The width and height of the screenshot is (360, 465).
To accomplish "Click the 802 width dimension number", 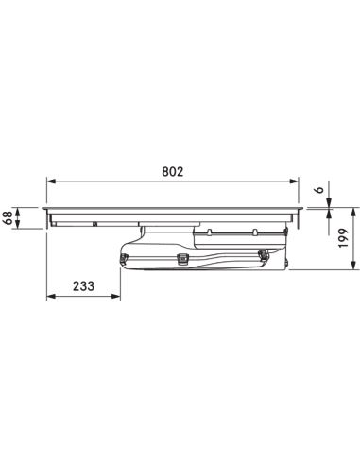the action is pyautogui.click(x=172, y=172).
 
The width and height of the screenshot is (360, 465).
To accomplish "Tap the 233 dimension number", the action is pyautogui.click(x=83, y=286).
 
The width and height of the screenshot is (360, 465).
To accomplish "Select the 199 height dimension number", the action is pyautogui.click(x=344, y=238).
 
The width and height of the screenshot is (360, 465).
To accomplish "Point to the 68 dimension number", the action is pyautogui.click(x=8, y=217).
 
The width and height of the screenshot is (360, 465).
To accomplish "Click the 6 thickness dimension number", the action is pyautogui.click(x=319, y=190).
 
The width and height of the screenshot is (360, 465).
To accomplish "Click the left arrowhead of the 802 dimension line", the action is pyautogui.click(x=51, y=181).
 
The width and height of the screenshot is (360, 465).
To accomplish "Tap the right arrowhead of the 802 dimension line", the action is pyautogui.click(x=294, y=181).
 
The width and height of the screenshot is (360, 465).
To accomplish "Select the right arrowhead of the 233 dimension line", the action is pyautogui.click(x=116, y=296).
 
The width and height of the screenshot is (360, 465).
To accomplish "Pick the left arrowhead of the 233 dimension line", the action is pyautogui.click(x=51, y=296).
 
